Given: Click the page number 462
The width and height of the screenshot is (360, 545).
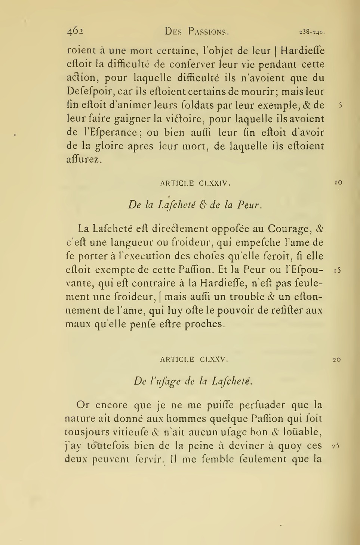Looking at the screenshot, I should tap(75, 32).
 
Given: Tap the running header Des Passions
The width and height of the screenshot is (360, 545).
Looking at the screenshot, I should tap(197, 32).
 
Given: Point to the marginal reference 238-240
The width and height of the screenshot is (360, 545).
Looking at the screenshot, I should tap(312, 32).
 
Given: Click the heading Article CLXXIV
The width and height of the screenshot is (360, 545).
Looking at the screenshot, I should tap(195, 183).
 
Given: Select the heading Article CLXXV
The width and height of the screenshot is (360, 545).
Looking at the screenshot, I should tap(194, 359).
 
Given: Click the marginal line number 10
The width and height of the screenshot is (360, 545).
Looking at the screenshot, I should tap(338, 183).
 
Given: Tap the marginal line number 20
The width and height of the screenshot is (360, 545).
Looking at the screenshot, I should tap(336, 360).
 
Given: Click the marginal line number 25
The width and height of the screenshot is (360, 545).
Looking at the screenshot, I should tap(335, 446).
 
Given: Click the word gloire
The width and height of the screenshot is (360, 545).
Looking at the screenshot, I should tap(108, 146).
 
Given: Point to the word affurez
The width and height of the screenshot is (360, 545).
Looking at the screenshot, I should tap(83, 160).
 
